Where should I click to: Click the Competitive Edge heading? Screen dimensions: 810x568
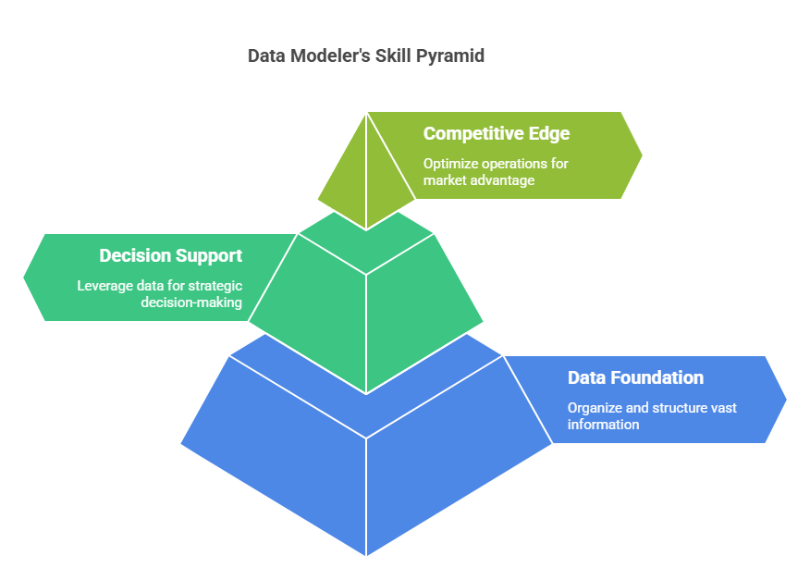click(497, 134)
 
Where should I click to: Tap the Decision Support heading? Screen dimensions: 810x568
click(170, 256)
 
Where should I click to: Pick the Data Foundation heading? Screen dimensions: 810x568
click(635, 377)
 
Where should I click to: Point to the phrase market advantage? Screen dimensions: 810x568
click(479, 180)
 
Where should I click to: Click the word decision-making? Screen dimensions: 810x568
click(191, 303)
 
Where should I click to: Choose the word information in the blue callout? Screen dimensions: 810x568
click(604, 425)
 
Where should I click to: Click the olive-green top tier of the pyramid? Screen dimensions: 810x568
click(366, 171)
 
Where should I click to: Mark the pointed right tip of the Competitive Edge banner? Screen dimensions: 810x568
click(642, 155)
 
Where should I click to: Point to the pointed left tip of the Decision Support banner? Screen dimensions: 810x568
click(24, 278)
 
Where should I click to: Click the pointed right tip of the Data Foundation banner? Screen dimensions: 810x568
click(786, 400)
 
